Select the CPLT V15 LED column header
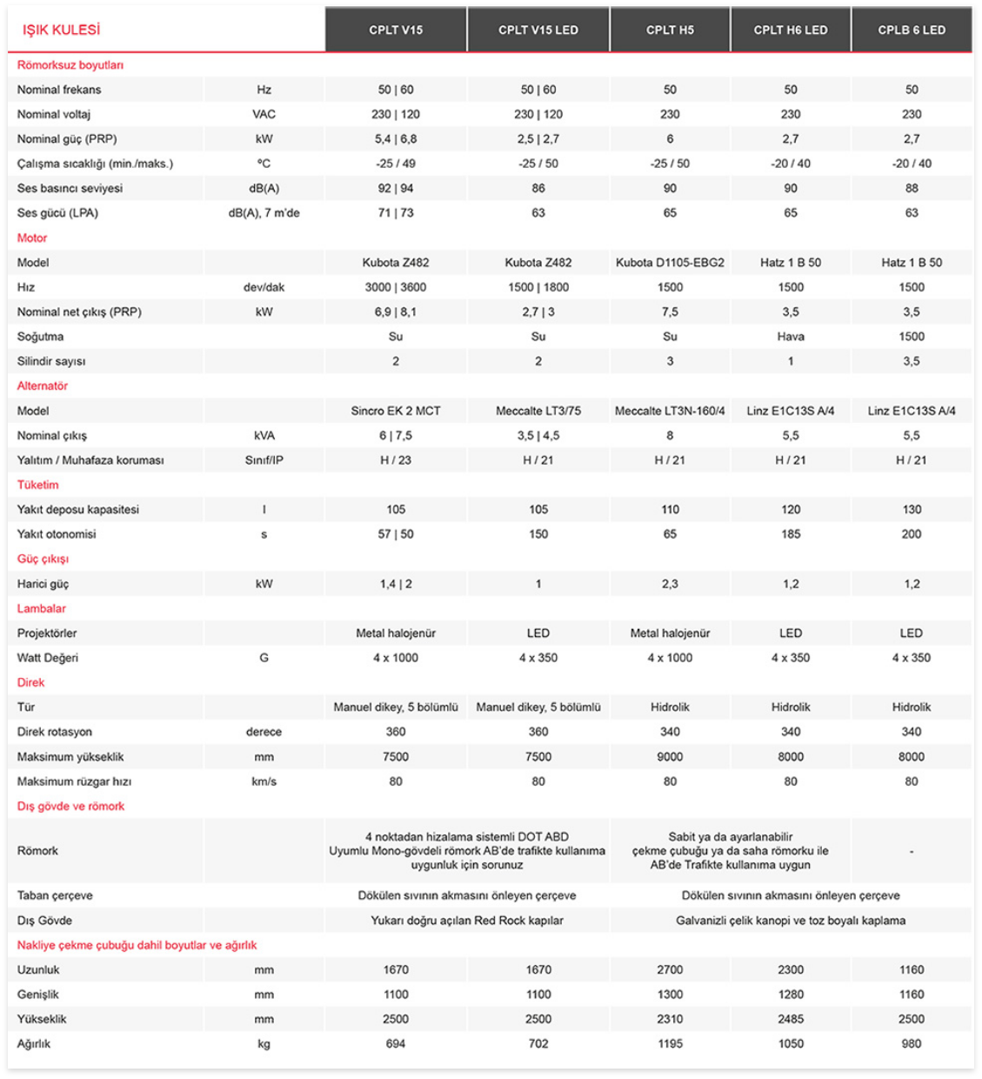[538, 30]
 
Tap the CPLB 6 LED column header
[911, 30]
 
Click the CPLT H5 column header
[670, 30]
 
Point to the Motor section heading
[32, 238]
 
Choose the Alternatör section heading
[43, 385]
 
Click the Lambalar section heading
[42, 608]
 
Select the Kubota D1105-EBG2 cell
[670, 262]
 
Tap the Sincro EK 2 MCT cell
[396, 411]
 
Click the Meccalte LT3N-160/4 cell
[670, 411]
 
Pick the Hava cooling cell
[790, 336]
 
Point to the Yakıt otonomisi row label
[57, 534]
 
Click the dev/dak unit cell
[264, 287]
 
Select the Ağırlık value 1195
[670, 1043]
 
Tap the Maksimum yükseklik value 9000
[670, 756]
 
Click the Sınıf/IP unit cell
[264, 460]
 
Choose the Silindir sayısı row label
[51, 361]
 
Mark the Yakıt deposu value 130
[911, 509]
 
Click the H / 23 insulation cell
[396, 460]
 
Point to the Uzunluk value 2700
[670, 969]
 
